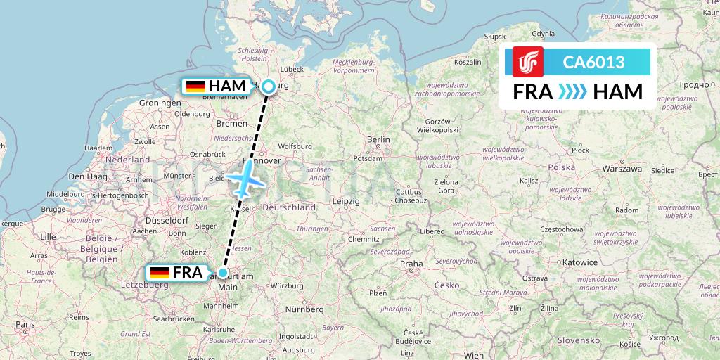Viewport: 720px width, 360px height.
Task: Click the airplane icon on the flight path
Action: (x=244, y=179)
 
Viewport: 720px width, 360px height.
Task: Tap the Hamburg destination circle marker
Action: (x=269, y=87)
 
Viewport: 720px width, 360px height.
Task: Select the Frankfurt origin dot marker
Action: (x=223, y=273)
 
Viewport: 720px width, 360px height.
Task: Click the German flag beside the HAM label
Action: (x=195, y=86)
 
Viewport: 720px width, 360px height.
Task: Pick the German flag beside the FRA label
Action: (x=160, y=273)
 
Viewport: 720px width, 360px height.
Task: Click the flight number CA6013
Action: (x=593, y=63)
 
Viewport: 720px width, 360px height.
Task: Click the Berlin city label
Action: (x=378, y=140)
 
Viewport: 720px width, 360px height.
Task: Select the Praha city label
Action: (x=411, y=264)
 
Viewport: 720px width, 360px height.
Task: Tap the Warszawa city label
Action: (x=622, y=169)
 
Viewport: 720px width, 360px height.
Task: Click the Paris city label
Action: (x=26, y=325)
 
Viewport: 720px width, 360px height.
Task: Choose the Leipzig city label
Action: (x=347, y=201)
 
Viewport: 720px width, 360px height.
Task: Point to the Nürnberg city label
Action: (x=304, y=309)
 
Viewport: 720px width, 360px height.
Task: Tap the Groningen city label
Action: (x=160, y=103)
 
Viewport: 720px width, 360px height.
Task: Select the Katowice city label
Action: (x=579, y=262)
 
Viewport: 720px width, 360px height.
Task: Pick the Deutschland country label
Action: (x=291, y=208)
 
